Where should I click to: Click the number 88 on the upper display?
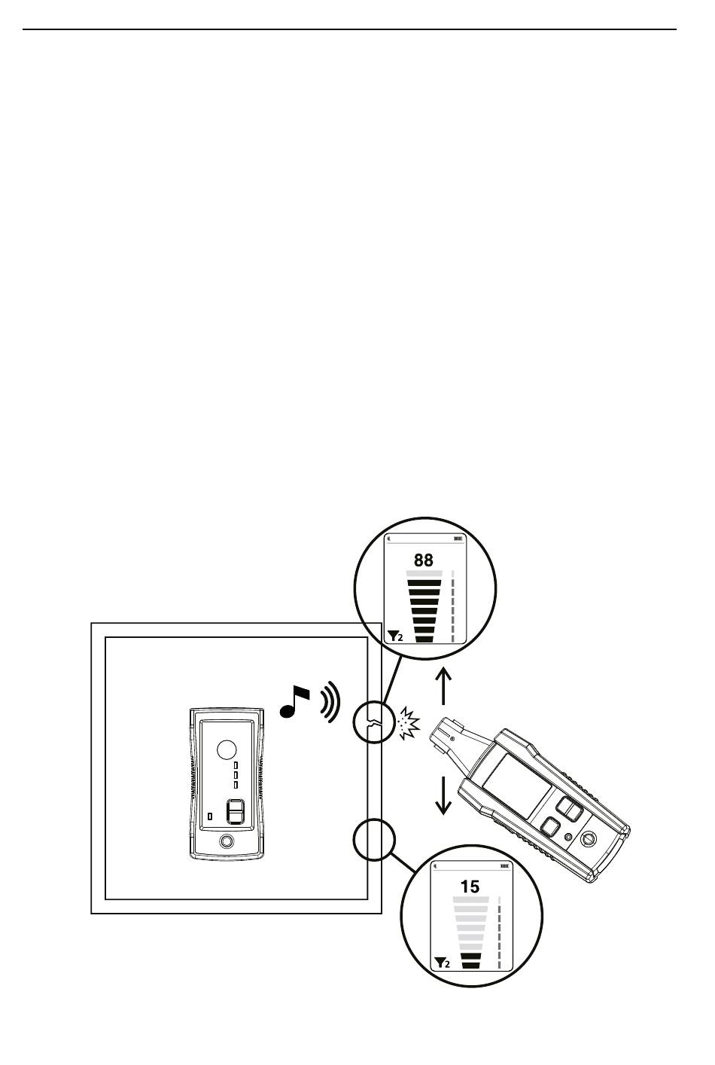(423, 560)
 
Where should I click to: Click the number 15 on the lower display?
(470, 886)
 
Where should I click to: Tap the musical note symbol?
(294, 702)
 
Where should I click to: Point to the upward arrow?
(443, 686)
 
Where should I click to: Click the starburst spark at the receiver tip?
(409, 724)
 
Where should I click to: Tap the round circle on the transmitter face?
(227, 749)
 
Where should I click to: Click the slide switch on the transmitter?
(235, 811)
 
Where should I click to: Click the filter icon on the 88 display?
(395, 636)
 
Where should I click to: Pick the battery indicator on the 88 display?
(458, 539)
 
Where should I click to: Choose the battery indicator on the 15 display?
(504, 866)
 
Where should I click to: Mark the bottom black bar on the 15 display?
(471, 965)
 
